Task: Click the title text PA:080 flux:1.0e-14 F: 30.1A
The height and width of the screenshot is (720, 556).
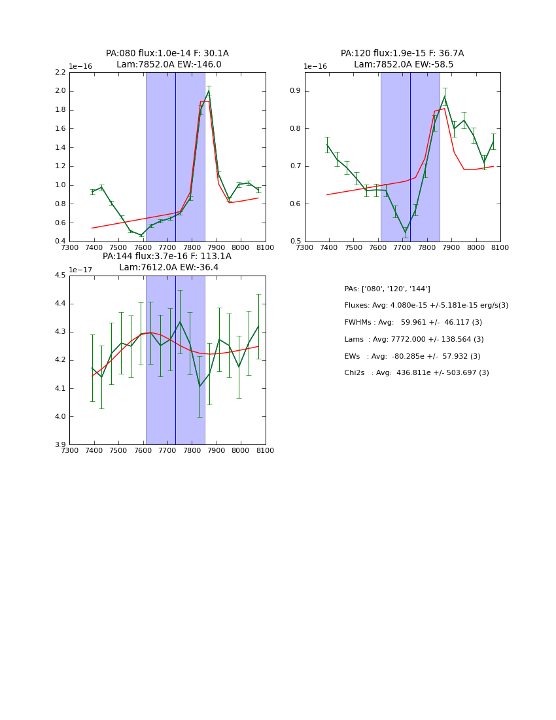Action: (x=167, y=54)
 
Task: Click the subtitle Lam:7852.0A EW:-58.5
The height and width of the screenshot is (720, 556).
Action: (x=402, y=65)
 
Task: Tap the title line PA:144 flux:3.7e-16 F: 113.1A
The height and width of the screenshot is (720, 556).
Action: (x=167, y=257)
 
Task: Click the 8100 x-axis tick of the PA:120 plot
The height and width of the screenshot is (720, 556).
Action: (x=500, y=248)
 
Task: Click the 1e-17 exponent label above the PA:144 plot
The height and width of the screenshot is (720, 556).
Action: (x=80, y=270)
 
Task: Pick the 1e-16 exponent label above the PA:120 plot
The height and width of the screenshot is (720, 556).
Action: (x=315, y=67)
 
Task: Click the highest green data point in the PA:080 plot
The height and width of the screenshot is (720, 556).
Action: (x=209, y=91)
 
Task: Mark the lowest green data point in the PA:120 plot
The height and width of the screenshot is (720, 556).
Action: (x=405, y=232)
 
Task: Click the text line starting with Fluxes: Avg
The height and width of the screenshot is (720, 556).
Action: (x=426, y=306)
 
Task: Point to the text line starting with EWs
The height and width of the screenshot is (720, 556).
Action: (x=412, y=357)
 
